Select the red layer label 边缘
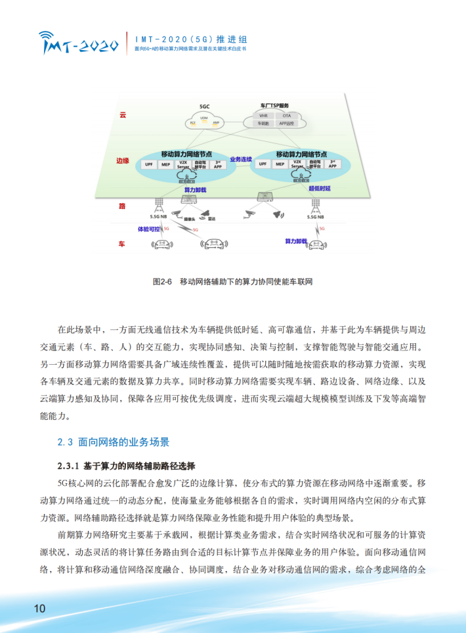(122, 160)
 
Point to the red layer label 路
(122, 206)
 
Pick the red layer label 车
(122, 244)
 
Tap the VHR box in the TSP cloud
(263, 115)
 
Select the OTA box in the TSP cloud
(286, 115)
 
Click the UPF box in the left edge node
(150, 164)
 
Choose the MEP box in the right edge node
(280, 164)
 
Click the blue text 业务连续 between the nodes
(241, 160)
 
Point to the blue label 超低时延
(320, 189)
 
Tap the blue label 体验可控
(148, 229)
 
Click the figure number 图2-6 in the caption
(161, 281)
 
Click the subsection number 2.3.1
(68, 466)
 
